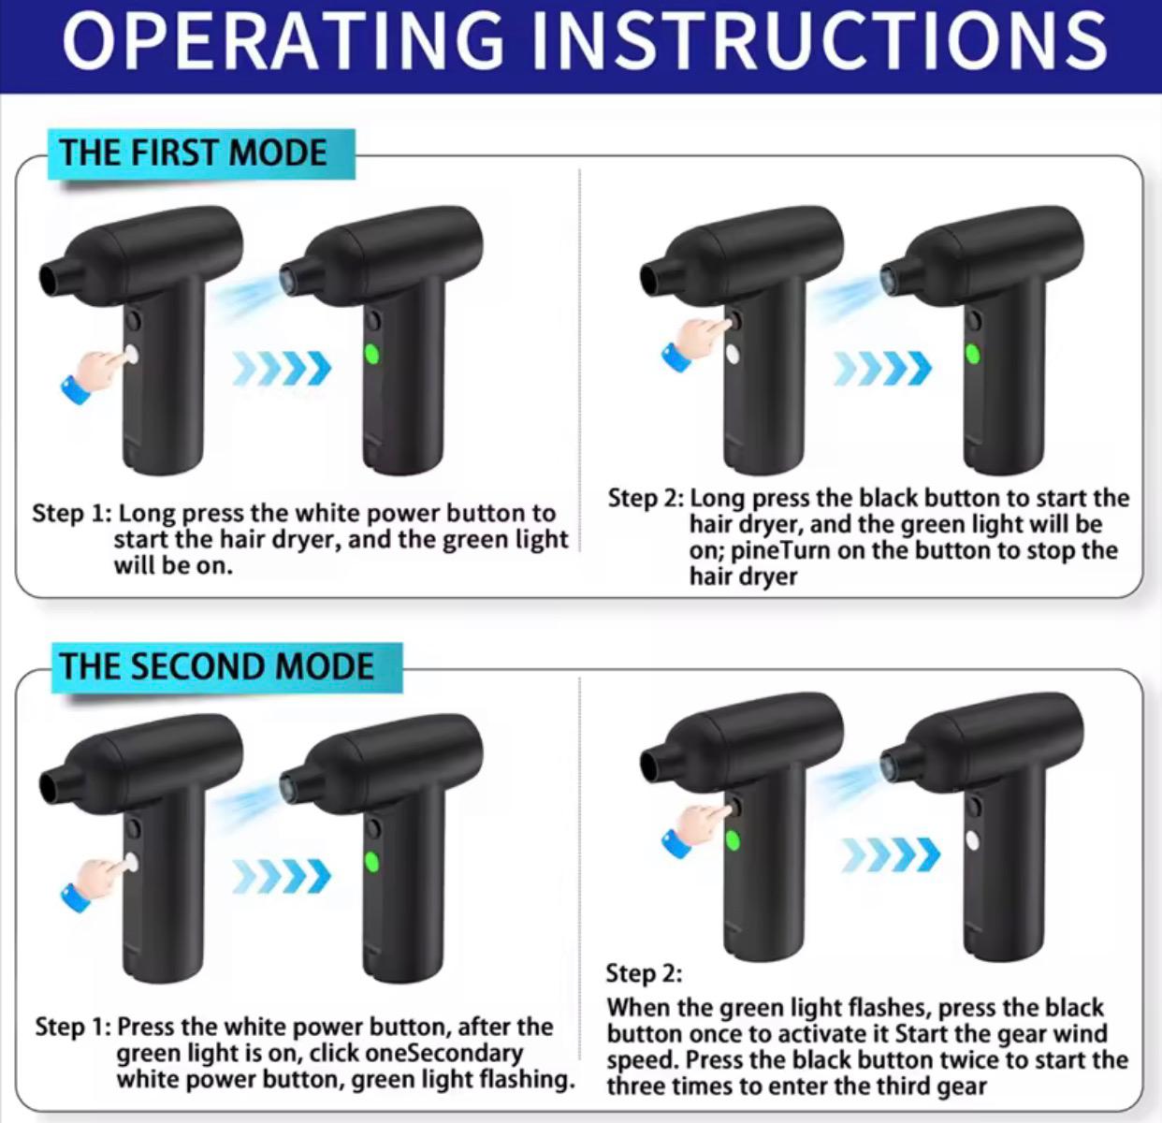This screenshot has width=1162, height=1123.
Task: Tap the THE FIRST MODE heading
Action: pos(194,153)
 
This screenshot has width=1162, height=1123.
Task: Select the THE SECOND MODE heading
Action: pos(216,666)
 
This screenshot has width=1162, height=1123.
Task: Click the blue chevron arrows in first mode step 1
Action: pos(282,368)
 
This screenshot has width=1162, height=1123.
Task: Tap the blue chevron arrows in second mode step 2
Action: pos(891,854)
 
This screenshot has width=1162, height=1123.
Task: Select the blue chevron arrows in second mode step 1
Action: pos(282,875)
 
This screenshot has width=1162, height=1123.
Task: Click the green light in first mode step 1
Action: pos(372,355)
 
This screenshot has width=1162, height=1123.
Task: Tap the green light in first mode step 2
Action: pos(973,355)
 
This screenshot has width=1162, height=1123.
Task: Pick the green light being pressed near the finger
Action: pos(733,841)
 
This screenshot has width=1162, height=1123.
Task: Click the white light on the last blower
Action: pos(973,841)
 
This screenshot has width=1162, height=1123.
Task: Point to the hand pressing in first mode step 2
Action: pos(697,343)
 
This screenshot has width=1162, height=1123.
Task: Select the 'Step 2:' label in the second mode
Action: pos(644,973)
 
